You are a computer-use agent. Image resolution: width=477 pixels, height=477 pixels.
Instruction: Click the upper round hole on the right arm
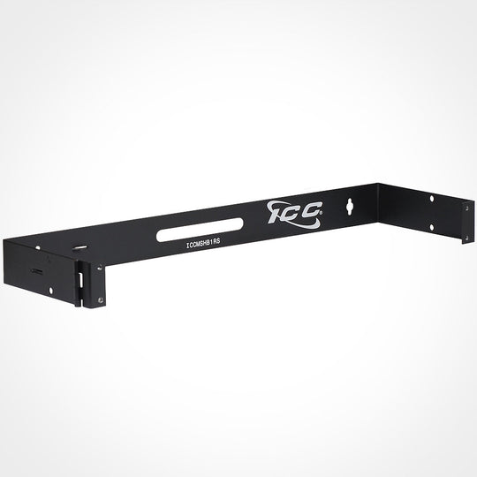(x=431, y=200)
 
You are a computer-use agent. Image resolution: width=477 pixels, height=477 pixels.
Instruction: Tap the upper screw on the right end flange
(x=466, y=209)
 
